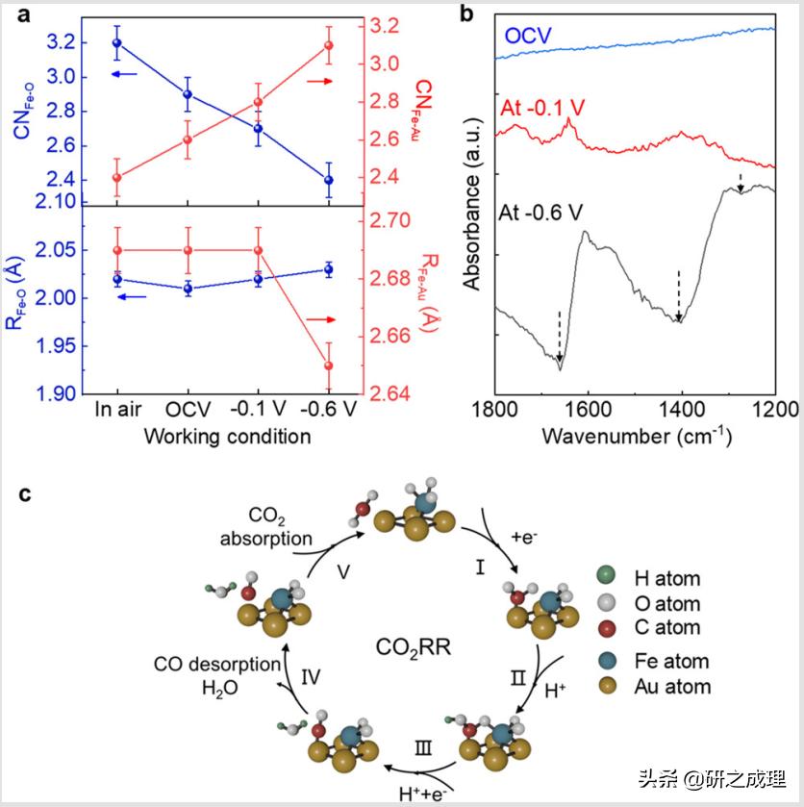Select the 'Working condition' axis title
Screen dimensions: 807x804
(x=227, y=437)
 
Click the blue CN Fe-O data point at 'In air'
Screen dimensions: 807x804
(x=117, y=42)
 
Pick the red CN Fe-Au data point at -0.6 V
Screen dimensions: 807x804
(x=329, y=46)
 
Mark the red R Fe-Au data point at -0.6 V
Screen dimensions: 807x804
(x=329, y=366)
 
